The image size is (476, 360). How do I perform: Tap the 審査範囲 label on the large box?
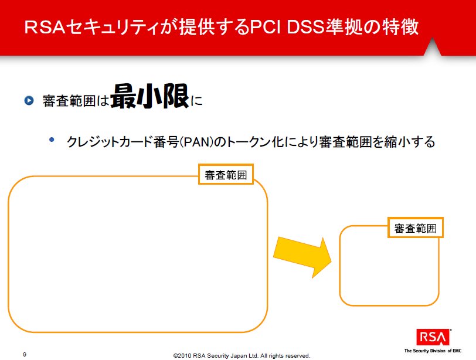tap(226, 175)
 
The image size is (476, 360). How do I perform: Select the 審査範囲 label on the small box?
tap(415, 227)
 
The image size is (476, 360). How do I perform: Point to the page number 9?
tap(25, 354)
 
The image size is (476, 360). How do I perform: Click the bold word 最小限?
tap(150, 97)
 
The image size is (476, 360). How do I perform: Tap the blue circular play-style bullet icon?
tap(29, 100)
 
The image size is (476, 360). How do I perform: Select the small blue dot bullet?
tap(52, 140)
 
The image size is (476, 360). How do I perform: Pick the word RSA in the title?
tap(45, 27)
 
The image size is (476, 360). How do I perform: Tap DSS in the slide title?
tap(306, 27)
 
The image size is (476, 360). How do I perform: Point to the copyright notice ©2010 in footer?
tap(182, 355)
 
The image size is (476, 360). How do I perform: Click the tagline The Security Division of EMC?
tap(433, 351)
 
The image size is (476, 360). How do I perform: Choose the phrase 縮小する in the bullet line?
tap(410, 142)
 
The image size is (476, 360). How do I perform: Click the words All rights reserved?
tap(285, 355)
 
